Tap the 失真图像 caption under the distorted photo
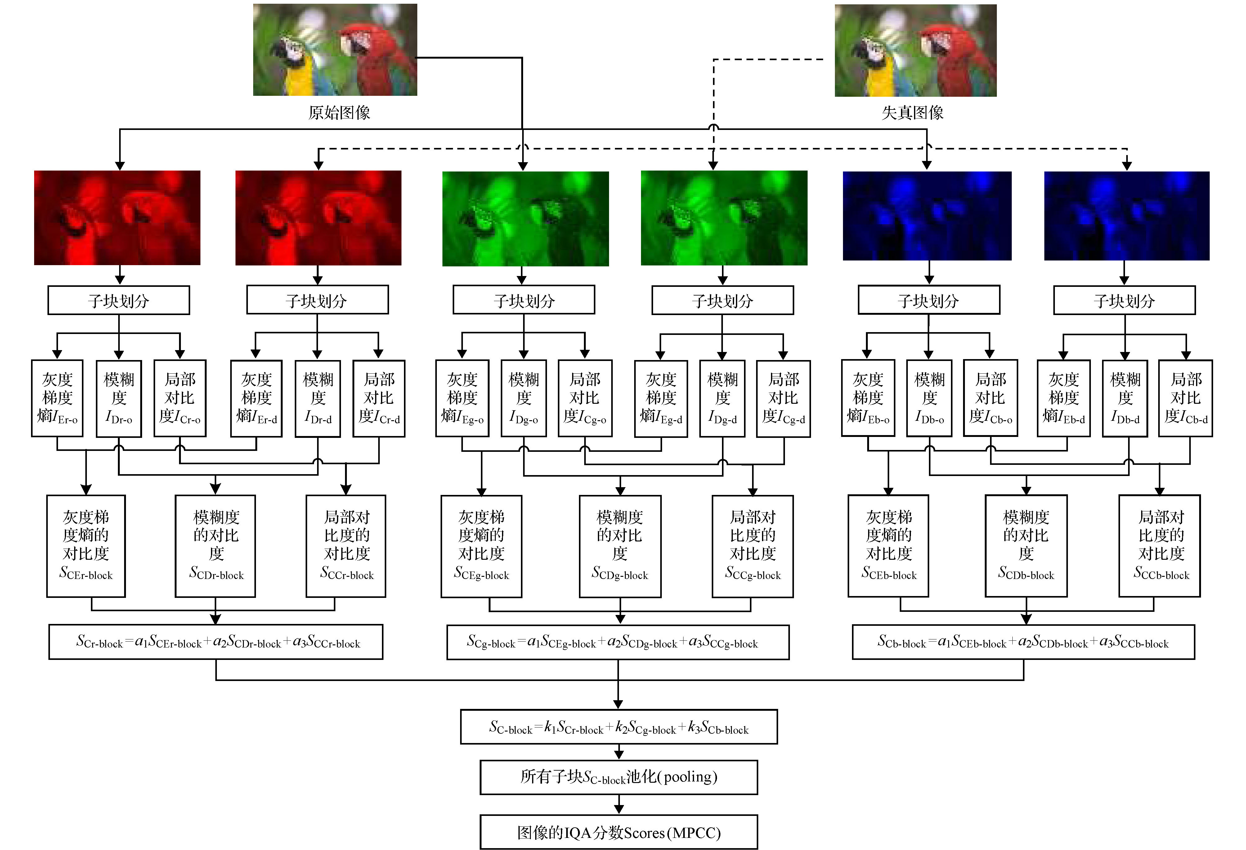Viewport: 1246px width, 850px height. (912, 113)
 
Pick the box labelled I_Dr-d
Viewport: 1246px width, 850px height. (318, 398)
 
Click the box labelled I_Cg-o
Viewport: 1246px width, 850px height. (585, 398)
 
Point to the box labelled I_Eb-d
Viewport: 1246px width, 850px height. (1064, 398)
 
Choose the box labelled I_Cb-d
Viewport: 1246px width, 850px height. (1185, 398)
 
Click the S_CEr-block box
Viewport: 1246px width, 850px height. (86, 545)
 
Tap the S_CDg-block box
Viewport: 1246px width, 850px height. (620, 545)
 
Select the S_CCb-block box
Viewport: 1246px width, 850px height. (1160, 545)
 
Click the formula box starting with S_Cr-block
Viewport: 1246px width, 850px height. (216, 642)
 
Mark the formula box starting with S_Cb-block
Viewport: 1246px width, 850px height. (1024, 642)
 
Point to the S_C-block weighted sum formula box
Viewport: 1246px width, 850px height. (619, 727)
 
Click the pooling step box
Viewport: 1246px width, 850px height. (619, 777)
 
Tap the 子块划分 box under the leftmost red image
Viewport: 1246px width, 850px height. (119, 300)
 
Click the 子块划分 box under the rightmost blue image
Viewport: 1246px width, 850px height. (1124, 300)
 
